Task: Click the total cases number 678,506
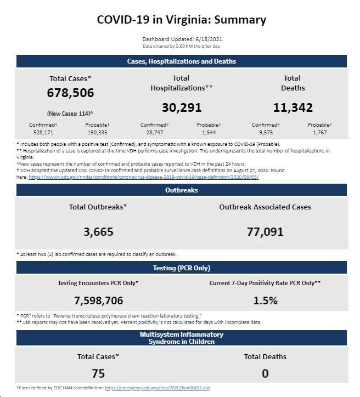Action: pos(70,93)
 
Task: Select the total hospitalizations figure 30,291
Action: pos(182,107)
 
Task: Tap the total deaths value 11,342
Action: pos(293,107)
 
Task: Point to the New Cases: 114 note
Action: pos(70,114)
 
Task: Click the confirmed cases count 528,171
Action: pos(43,132)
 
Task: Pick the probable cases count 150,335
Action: pos(97,132)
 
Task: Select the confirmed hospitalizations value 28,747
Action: pos(155,132)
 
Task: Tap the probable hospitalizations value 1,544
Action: pos(209,132)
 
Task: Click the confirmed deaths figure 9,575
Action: pos(266,132)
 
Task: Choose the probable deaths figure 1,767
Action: pos(320,132)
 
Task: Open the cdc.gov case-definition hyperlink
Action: pos(144,177)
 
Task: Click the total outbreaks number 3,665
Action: pos(98,231)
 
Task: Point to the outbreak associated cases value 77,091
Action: pos(265,231)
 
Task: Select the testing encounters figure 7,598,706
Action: pos(98,300)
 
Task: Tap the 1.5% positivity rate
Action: pos(265,300)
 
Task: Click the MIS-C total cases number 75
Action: pos(98,373)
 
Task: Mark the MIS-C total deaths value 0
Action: pos(265,373)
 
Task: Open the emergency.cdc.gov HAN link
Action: pos(157,388)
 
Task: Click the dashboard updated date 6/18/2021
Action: pos(209,39)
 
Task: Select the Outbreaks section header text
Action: pos(182,190)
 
